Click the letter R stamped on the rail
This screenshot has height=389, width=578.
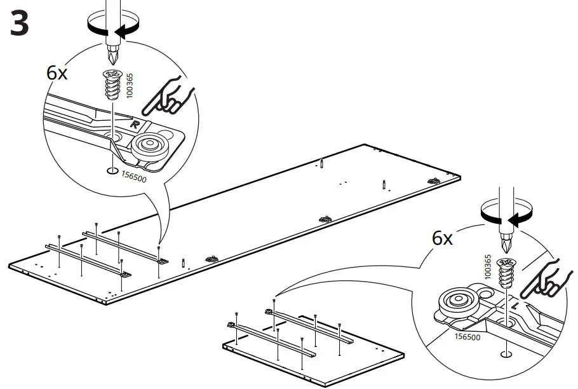135,124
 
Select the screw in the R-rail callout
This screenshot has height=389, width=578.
112,85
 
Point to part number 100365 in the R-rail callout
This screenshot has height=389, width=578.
130,85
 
